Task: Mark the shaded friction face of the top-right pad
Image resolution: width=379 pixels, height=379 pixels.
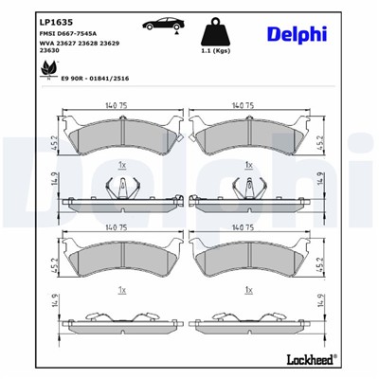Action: coord(250,138)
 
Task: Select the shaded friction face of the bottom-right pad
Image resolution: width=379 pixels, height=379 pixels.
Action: coord(250,258)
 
